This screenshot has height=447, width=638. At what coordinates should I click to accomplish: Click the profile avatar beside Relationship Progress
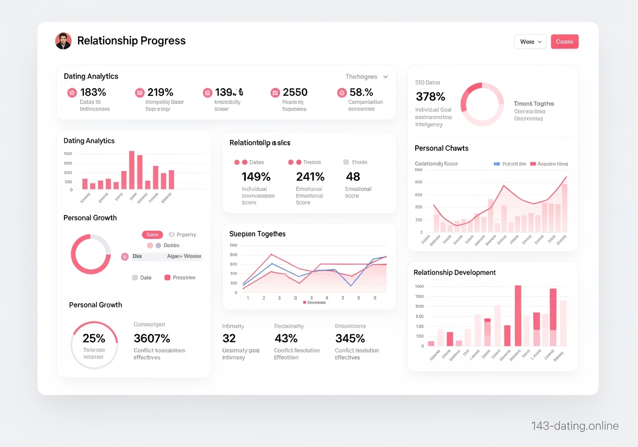tap(63, 41)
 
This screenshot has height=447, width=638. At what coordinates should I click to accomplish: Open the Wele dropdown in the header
tap(530, 41)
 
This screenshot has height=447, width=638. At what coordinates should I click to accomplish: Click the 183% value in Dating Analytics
tap(93, 92)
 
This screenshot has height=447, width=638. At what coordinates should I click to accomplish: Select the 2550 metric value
tap(295, 92)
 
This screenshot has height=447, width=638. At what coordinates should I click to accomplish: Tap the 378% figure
tap(430, 96)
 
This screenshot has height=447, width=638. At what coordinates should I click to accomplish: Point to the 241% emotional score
tap(310, 177)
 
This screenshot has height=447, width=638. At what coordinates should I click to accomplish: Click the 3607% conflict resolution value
tap(152, 338)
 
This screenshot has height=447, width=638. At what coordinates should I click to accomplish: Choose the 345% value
tap(350, 338)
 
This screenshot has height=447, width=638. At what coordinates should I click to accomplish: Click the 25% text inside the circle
tap(94, 338)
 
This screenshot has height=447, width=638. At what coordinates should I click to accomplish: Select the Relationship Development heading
tap(455, 272)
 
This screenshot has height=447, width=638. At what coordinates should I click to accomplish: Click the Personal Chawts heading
tap(442, 148)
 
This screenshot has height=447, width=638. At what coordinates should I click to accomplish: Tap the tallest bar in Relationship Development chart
tap(518, 315)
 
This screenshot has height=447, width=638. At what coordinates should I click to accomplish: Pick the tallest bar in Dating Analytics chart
tap(132, 170)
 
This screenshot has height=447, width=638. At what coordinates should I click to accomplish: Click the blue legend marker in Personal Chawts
tap(496, 164)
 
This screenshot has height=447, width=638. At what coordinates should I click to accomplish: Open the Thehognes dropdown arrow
tap(385, 77)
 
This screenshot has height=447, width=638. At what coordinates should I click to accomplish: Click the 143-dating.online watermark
tap(575, 426)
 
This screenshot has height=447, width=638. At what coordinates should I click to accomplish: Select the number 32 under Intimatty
tap(229, 338)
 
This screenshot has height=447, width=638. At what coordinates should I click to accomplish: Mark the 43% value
tap(286, 338)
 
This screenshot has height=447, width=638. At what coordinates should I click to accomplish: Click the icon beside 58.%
tap(341, 92)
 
